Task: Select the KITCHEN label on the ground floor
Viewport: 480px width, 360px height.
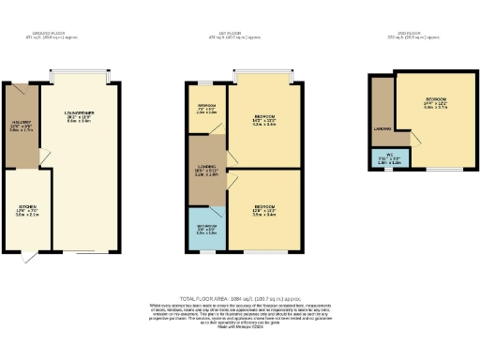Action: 27,209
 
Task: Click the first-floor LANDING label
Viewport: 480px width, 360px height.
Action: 206,170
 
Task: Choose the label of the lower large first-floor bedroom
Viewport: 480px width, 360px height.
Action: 264,208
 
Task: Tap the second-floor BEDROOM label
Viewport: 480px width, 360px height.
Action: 434,103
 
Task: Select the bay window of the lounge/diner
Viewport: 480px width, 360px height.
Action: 79,75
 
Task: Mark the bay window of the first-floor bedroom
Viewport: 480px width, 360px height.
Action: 264,75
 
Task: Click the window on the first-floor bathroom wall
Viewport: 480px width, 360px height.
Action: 206,252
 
